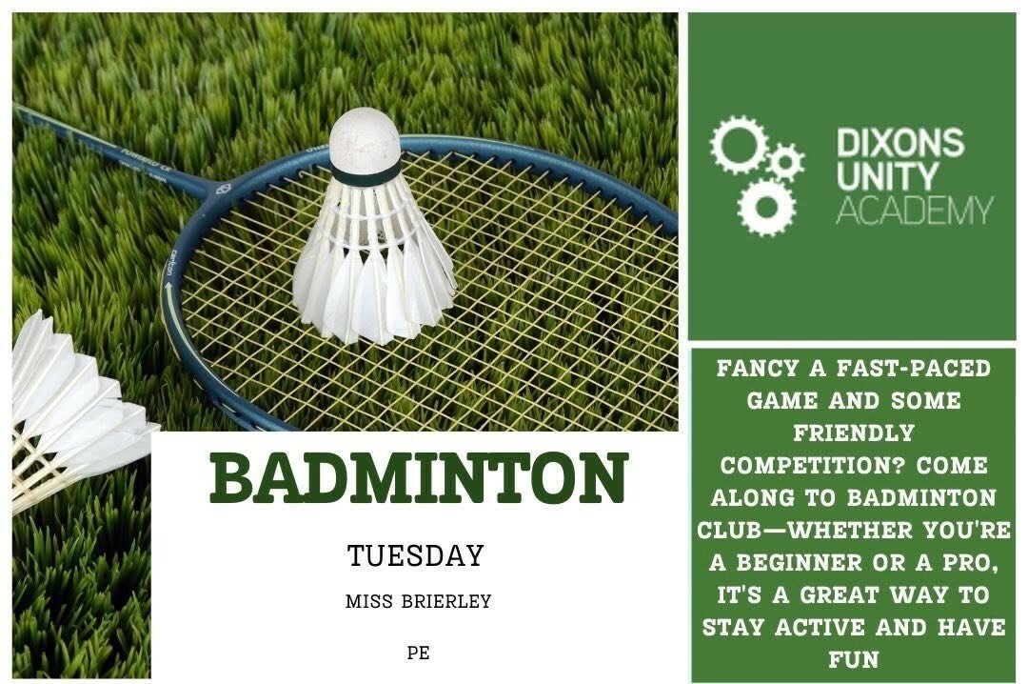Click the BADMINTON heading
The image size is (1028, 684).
[418, 478]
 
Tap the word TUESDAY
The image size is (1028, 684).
[416, 556]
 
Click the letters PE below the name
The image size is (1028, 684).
[418, 654]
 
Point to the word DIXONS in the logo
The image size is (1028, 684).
[900, 143]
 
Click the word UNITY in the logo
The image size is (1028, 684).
[887, 176]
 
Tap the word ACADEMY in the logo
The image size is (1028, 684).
[915, 210]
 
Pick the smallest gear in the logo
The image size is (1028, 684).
[785, 162]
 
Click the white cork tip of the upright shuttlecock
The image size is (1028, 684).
[365, 140]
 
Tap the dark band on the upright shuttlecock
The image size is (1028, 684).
[365, 175]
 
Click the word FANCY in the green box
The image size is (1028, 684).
[758, 369]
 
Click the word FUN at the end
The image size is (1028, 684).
[853, 660]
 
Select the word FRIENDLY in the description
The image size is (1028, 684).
[854, 433]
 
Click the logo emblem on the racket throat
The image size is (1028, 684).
[222, 191]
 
